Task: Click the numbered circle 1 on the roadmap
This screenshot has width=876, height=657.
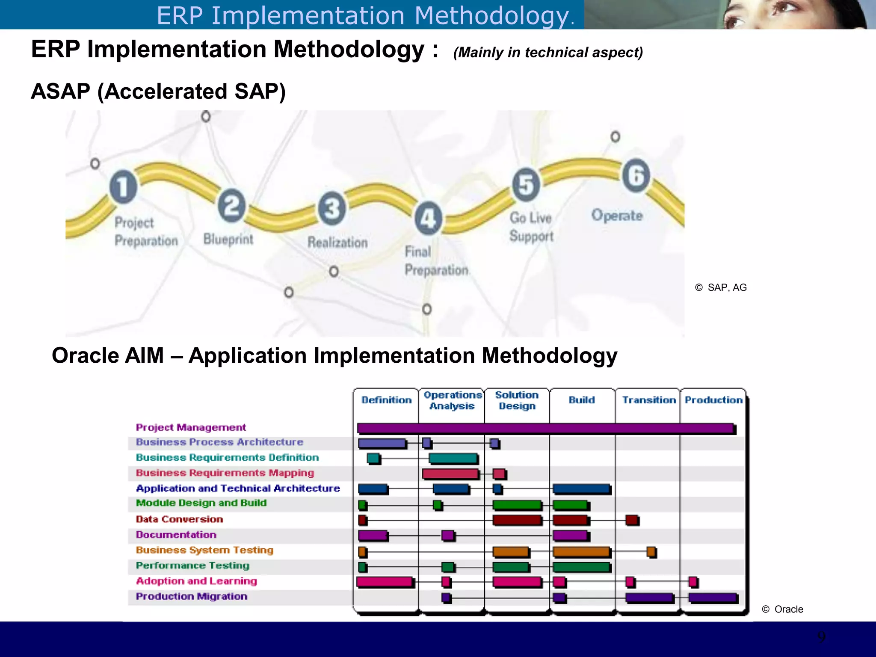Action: tap(123, 187)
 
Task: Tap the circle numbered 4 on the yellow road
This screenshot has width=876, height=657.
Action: tap(428, 218)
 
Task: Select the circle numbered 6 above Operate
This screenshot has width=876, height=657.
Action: tap(636, 175)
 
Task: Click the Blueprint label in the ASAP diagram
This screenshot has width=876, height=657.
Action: tap(228, 239)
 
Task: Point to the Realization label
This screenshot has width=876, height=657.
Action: tap(337, 243)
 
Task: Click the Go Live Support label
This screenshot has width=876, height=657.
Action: tap(531, 227)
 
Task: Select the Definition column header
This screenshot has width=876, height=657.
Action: tap(386, 400)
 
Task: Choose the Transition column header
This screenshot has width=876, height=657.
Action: tap(648, 400)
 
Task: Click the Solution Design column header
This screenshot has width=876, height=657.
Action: tap(517, 400)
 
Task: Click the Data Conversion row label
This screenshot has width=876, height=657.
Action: tap(179, 519)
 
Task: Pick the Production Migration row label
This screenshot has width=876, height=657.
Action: tap(191, 596)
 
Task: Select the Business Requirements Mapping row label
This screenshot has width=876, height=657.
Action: tap(225, 473)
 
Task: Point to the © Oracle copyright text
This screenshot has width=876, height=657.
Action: tap(782, 609)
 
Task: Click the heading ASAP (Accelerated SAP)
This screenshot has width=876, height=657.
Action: tap(158, 92)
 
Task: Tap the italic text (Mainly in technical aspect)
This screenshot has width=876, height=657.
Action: tap(548, 53)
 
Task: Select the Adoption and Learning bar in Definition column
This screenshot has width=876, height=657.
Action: tap(385, 582)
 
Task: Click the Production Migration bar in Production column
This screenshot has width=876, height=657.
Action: tap(713, 598)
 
